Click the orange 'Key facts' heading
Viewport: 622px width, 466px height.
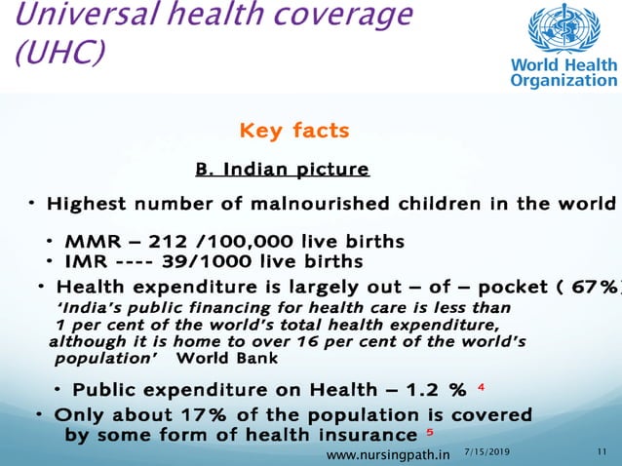294,131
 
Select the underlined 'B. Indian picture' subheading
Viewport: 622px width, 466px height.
282,170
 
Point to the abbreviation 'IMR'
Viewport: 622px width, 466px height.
85,261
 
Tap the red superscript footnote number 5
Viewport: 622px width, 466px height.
430,431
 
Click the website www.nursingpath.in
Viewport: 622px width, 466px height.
387,454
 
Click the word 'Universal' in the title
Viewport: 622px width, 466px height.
68,15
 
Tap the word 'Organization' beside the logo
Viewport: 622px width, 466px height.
564,80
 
